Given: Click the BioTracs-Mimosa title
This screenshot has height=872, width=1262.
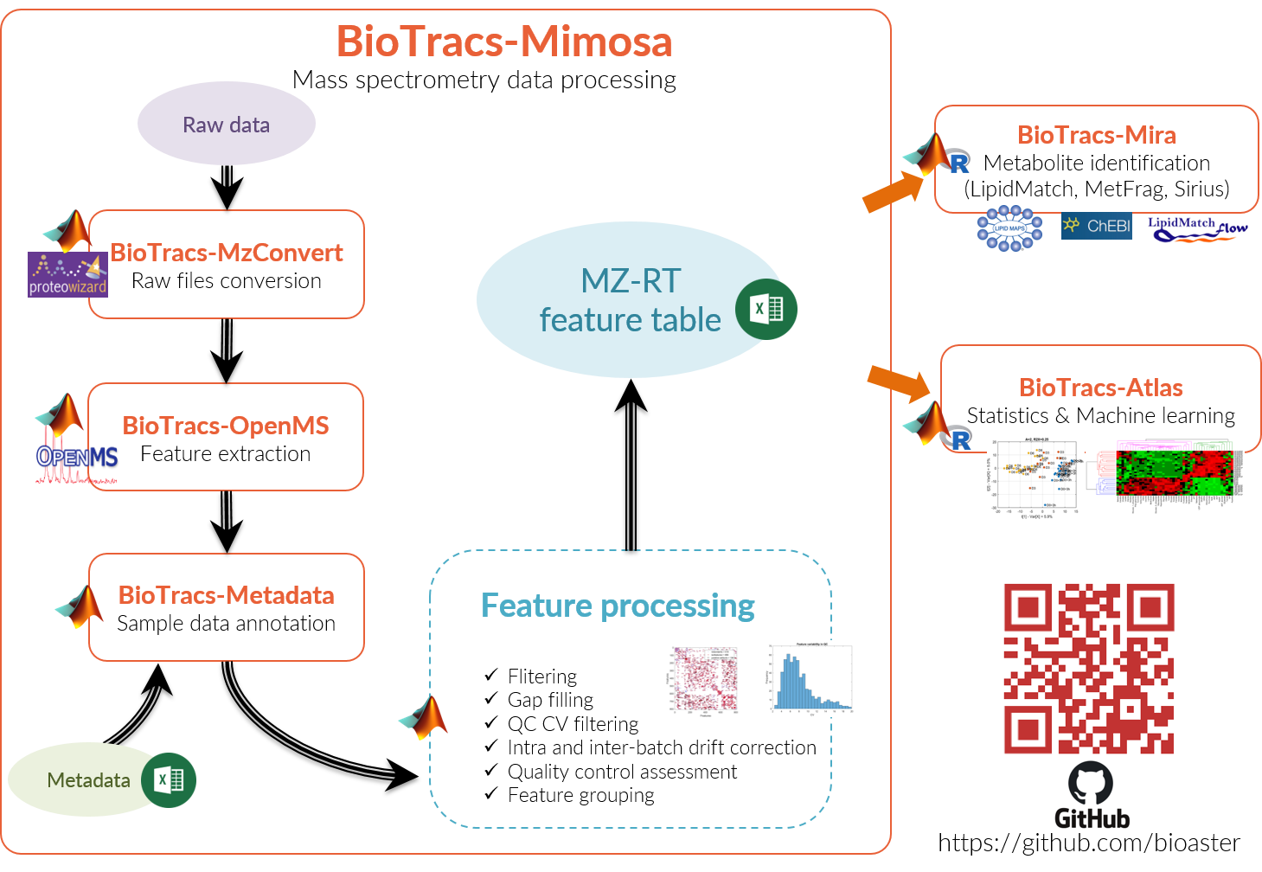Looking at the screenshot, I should [x=503, y=42].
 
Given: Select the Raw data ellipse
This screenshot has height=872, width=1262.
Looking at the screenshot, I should [x=226, y=124].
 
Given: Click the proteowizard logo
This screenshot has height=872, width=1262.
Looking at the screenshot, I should [x=67, y=274].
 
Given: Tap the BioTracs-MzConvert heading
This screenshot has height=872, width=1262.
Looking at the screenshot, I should [x=227, y=253].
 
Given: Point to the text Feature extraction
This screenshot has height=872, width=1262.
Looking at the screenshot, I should [x=225, y=454].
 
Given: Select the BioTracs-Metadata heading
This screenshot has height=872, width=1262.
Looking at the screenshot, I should [x=226, y=595].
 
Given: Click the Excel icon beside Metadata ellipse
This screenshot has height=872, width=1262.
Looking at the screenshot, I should [x=169, y=780].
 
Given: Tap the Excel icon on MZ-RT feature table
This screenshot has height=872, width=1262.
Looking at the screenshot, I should [x=766, y=310].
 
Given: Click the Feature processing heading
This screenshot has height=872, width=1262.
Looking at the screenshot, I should [x=618, y=606].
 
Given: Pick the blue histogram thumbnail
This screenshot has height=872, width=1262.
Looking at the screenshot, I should [x=810, y=679].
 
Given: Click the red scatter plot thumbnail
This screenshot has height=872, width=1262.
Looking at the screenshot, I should [x=703, y=680].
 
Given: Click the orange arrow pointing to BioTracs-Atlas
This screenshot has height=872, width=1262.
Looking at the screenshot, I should [x=899, y=382].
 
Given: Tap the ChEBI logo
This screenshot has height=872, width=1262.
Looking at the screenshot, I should [x=1096, y=226].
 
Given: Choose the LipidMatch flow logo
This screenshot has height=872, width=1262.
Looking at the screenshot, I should [x=1198, y=229].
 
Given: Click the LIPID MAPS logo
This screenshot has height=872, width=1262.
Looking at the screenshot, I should [x=1009, y=228].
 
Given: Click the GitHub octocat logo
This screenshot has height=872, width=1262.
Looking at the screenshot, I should [x=1091, y=783].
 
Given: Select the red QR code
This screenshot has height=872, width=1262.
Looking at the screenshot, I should [x=1089, y=668].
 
